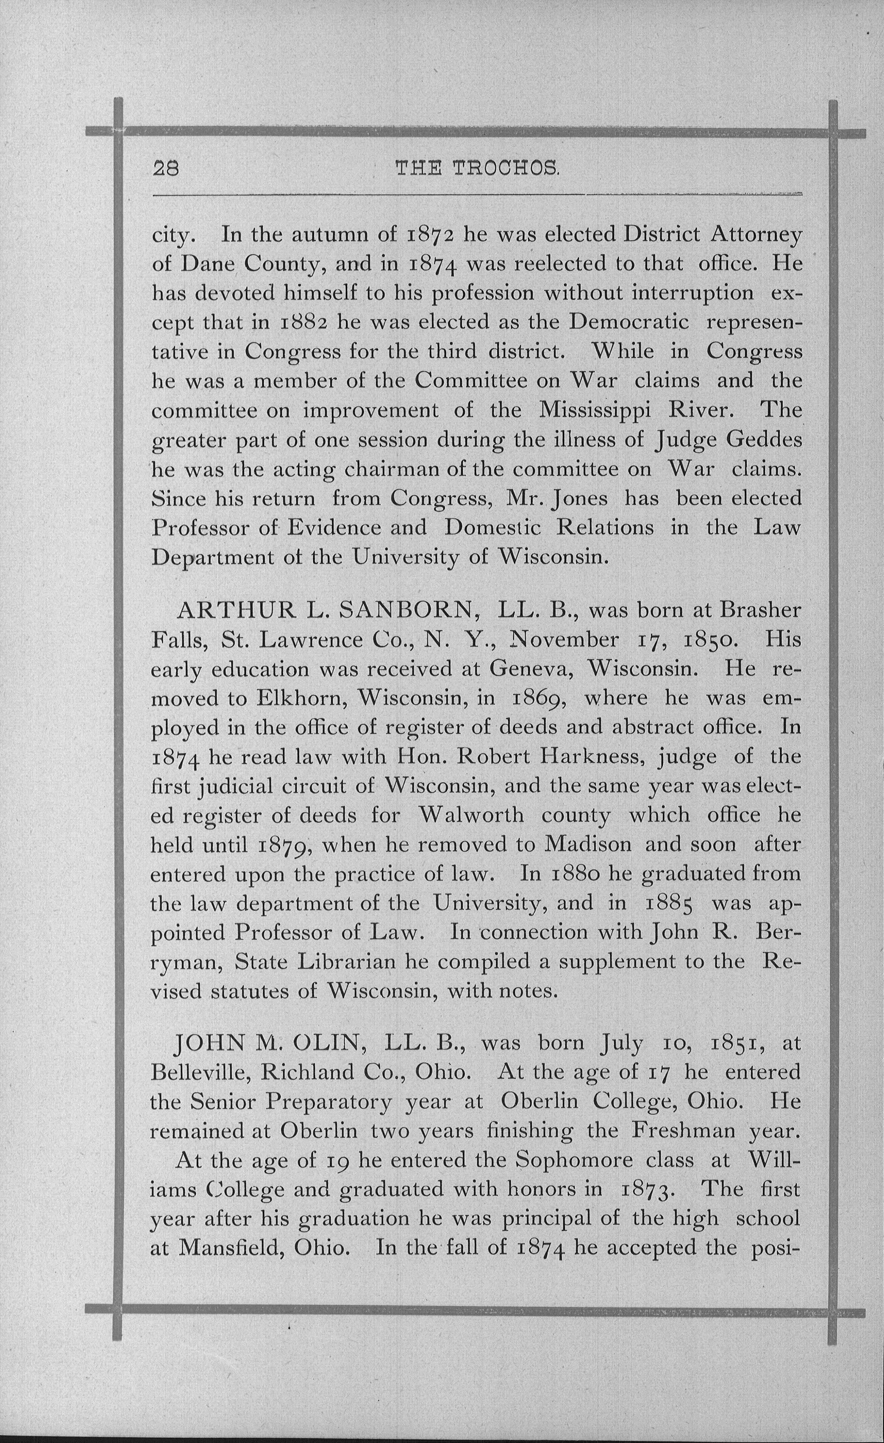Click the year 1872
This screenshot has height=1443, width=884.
431,235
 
